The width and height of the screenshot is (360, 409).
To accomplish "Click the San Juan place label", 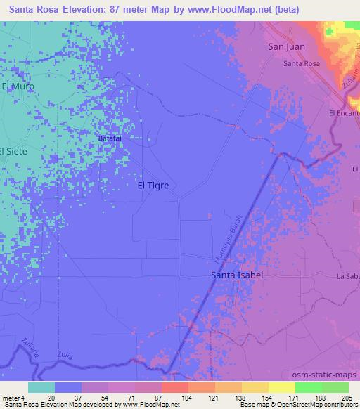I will pyautogui.click(x=285, y=47).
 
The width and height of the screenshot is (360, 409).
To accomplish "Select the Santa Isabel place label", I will pyautogui.click(x=237, y=275).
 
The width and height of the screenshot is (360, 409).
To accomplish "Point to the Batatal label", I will pyautogui.click(x=109, y=138).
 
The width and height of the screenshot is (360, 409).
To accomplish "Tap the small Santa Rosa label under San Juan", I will pyautogui.click(x=302, y=64).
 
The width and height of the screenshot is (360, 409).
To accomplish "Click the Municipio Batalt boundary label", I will pyautogui.click(x=232, y=239).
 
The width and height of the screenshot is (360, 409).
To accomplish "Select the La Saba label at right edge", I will pyautogui.click(x=348, y=276).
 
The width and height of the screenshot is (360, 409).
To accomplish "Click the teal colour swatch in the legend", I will pyautogui.click(x=41, y=387).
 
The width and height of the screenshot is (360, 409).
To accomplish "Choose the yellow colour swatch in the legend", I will pyautogui.click(x=281, y=387).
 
